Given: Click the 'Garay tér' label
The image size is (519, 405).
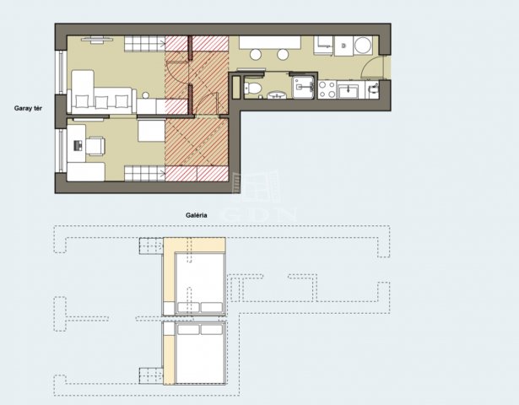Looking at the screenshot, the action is point(28,108).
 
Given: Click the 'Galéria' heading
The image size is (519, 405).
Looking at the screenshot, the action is point(197,215).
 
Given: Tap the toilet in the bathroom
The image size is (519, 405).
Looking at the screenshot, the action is point(253,88).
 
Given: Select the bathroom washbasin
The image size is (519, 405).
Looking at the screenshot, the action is point(277,95).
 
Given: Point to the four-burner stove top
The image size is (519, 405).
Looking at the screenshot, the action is point(327,89).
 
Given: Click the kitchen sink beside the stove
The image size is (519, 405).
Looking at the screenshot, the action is point(348,90).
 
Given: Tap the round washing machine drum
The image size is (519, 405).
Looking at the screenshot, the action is point(362,46).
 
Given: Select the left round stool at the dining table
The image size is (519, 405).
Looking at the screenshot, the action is point(256,55).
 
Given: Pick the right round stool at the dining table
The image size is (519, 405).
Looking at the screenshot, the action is point(283,55).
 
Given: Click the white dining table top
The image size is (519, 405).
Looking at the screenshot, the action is point(270,43).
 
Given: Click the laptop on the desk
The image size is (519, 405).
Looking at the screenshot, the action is point(78,146).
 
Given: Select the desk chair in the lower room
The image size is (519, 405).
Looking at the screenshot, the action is point(95,146).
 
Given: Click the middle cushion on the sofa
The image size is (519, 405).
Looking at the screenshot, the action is point(101,101).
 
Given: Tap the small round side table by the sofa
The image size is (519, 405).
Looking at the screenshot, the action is point(146,95).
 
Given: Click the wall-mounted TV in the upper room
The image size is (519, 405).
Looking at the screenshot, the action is point(96,40).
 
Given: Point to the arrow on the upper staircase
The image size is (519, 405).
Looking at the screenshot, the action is point(162,43).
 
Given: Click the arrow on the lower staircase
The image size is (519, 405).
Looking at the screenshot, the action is point(162,172).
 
